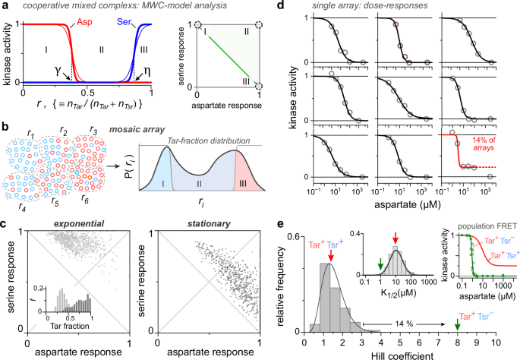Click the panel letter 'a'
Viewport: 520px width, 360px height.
point(5,7)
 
